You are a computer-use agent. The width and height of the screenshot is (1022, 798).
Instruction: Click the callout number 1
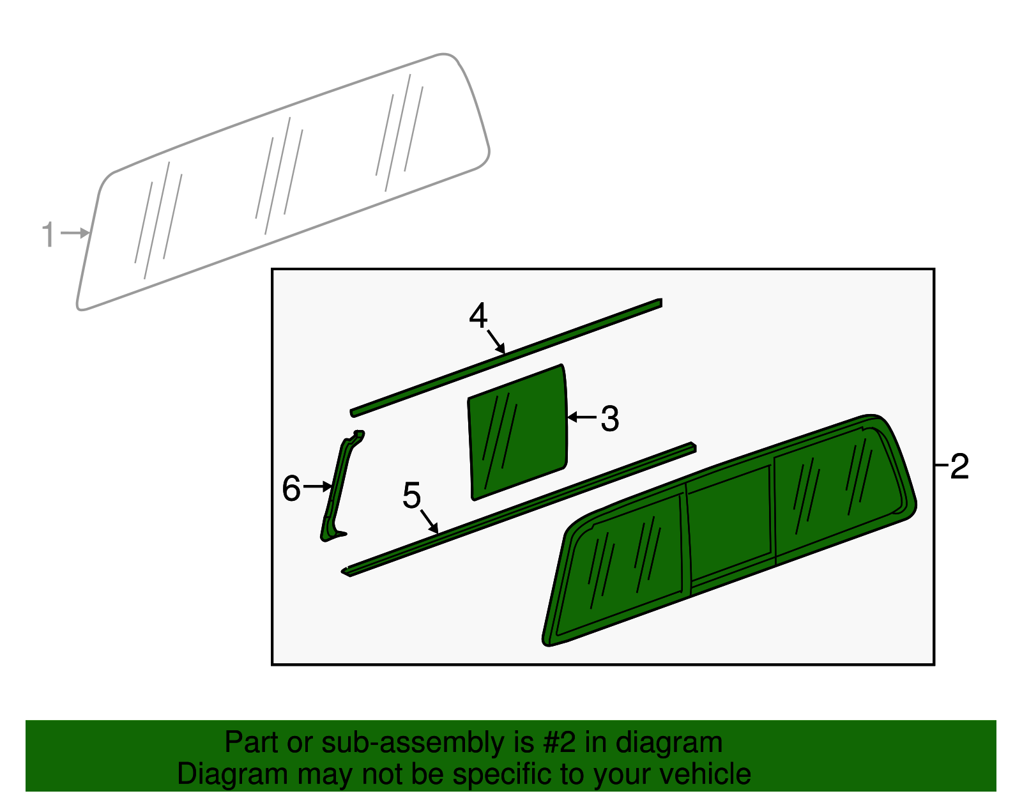coord(48,234)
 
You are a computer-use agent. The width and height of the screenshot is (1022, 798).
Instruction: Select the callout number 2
coord(959,467)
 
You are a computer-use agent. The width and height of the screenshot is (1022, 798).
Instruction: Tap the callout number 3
coord(610,419)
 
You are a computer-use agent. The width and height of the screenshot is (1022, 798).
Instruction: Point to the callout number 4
coord(478,316)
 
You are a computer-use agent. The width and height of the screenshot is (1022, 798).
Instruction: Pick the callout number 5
coord(412,496)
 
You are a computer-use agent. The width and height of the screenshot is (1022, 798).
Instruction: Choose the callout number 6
coord(291,489)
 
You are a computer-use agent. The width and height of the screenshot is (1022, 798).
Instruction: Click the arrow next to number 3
coord(581,417)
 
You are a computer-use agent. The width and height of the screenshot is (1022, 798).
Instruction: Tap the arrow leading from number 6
coord(317,487)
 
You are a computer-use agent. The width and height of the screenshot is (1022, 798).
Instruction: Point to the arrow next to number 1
coord(75,233)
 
